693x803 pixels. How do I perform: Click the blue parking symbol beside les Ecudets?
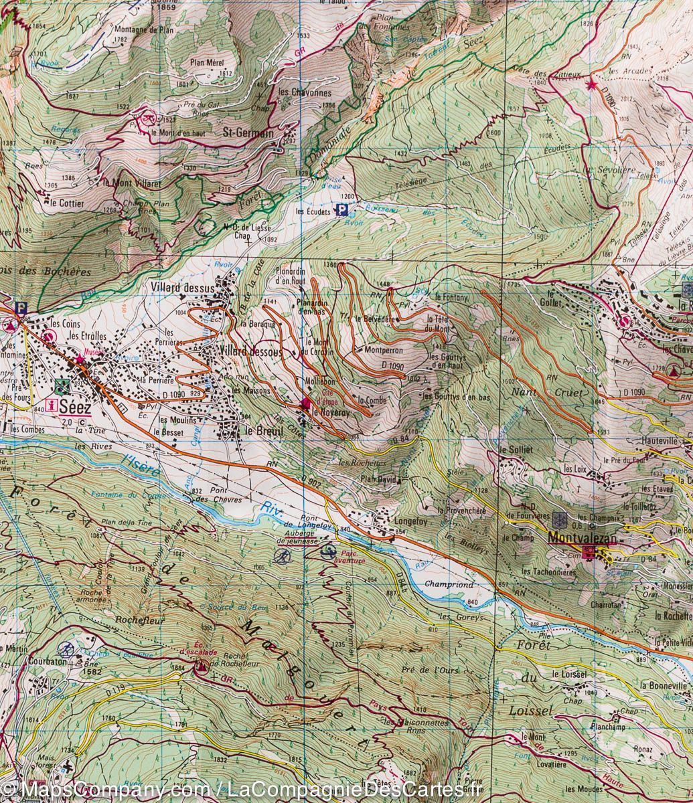[x=341, y=211]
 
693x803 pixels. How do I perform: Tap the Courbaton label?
[x=46, y=661]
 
